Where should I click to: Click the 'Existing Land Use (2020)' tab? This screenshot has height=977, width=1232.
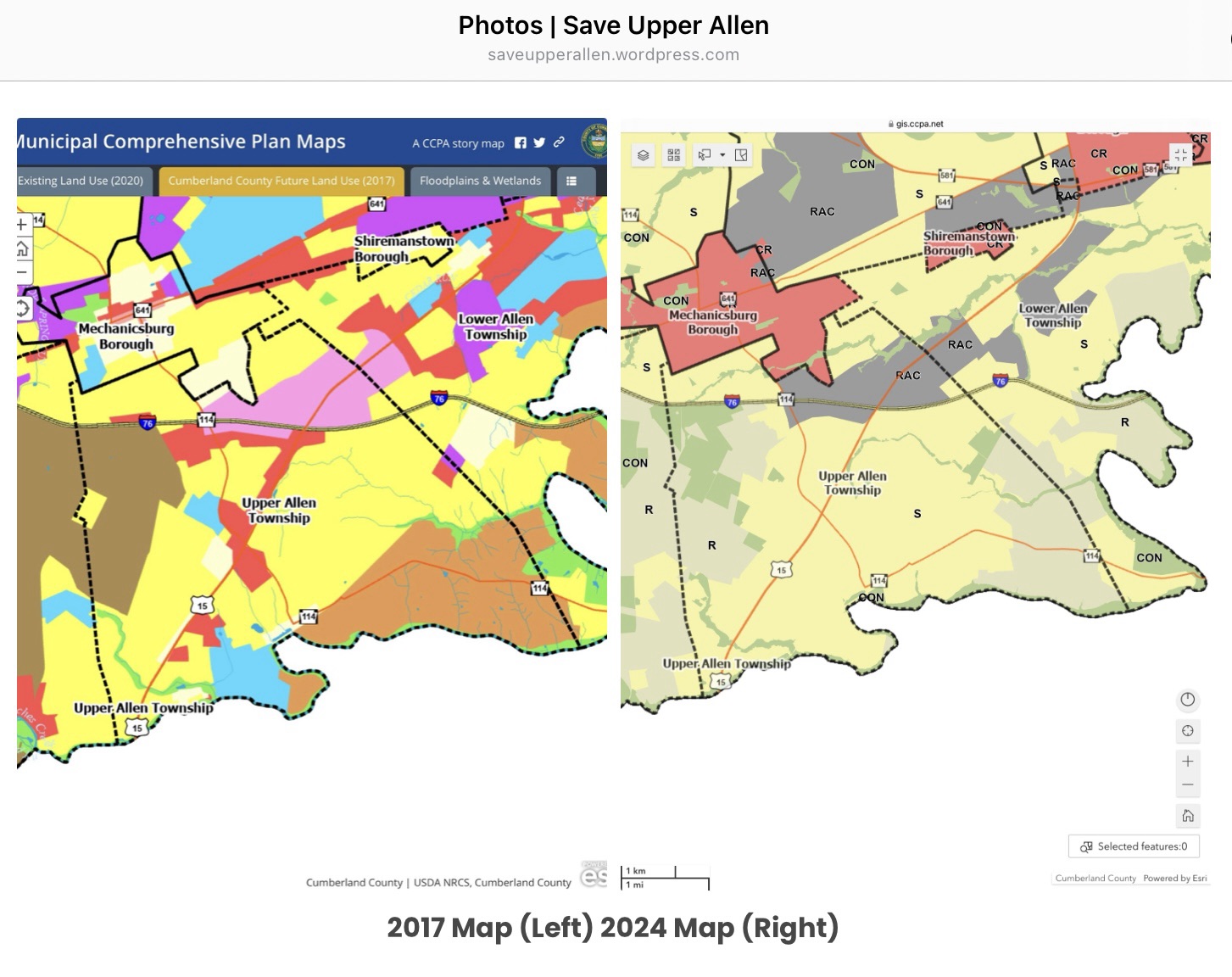[81, 181]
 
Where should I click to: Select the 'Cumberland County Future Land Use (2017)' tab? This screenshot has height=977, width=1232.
[281, 181]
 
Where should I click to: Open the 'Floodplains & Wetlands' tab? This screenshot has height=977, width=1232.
[480, 181]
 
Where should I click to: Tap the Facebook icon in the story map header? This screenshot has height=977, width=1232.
[521, 143]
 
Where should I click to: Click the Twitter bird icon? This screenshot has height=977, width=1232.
[539, 143]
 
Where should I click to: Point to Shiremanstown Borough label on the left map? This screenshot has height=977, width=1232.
[404, 248]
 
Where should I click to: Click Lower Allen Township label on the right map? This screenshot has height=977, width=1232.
[1052, 315]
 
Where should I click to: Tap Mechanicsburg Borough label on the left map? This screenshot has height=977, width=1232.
[125, 336]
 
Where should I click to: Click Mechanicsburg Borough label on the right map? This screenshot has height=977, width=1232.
[712, 322]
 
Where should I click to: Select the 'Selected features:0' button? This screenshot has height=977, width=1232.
[1134, 846]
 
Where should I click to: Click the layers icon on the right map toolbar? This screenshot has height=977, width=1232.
[644, 155]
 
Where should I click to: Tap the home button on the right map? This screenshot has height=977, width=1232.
[1188, 816]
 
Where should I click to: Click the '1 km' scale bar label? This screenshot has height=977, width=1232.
[636, 871]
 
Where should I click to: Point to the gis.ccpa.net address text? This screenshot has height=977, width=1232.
[919, 124]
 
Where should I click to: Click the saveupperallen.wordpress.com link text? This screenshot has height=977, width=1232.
[613, 55]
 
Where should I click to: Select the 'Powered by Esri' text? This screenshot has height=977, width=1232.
[1174, 879]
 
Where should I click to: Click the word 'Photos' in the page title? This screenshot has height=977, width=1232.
[500, 25]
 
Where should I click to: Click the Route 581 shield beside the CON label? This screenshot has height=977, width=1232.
[1151, 170]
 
